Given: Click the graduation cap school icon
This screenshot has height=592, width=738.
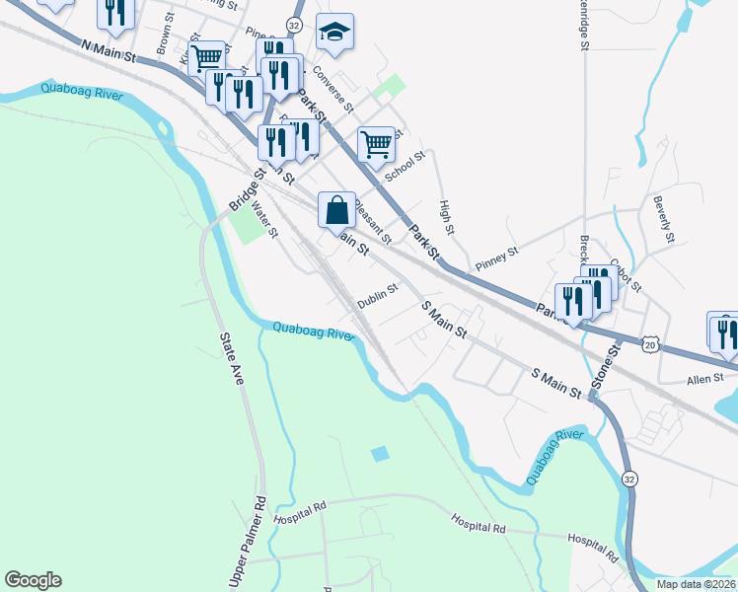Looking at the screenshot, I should (335, 33).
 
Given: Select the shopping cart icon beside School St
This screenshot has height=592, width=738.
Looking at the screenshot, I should (376, 144).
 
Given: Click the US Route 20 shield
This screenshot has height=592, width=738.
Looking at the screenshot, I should (648, 342).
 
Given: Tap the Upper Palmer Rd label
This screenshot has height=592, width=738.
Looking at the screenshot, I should (248, 543).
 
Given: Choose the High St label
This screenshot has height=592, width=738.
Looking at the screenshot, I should (447, 217).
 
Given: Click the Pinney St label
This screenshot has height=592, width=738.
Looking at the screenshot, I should (496, 259).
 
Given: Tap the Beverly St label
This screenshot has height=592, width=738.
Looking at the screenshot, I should (662, 220).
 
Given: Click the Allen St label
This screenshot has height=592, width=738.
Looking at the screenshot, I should (706, 378).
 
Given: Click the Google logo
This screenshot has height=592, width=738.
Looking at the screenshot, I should (33, 580).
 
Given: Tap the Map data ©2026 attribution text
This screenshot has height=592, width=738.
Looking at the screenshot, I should (695, 583).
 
